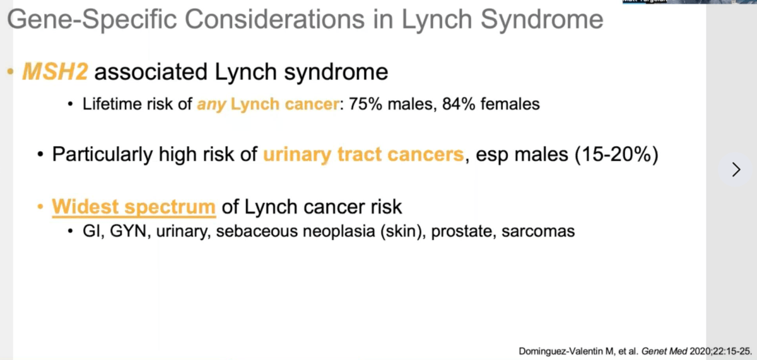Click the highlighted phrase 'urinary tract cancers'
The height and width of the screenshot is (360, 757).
pyautogui.click(x=363, y=154)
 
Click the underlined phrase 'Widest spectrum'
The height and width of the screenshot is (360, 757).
pyautogui.click(x=134, y=207)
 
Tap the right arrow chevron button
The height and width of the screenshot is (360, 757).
pyautogui.click(x=736, y=169)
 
